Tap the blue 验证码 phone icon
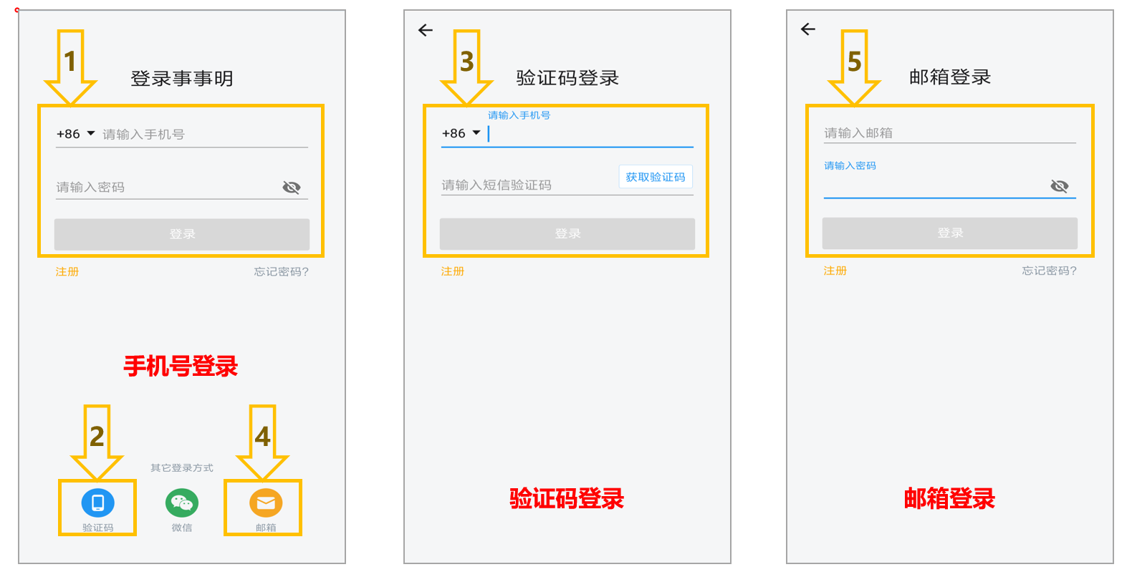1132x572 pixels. [97, 503]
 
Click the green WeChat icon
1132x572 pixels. [182, 503]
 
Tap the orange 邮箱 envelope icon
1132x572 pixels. [266, 503]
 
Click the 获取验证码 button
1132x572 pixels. [656, 178]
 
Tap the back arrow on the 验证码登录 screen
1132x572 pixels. [426, 30]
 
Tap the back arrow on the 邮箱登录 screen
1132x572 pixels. [808, 29]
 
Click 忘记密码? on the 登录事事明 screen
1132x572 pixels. [281, 271]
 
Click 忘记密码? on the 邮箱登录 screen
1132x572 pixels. [1049, 271]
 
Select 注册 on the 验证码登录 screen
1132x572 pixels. [452, 271]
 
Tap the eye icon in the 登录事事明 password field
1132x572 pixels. [292, 188]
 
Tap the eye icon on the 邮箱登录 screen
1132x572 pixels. [1060, 186]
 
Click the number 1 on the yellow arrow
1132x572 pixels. [69, 62]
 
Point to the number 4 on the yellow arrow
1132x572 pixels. [262, 437]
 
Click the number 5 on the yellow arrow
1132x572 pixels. [854, 62]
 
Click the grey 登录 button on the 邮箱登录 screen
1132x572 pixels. [949, 233]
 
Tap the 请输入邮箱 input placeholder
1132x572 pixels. [858, 132]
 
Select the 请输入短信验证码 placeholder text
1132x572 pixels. [497, 185]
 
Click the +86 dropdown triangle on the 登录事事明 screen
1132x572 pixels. [91, 133]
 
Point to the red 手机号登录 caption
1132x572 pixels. [181, 366]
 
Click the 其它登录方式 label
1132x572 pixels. [182, 468]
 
